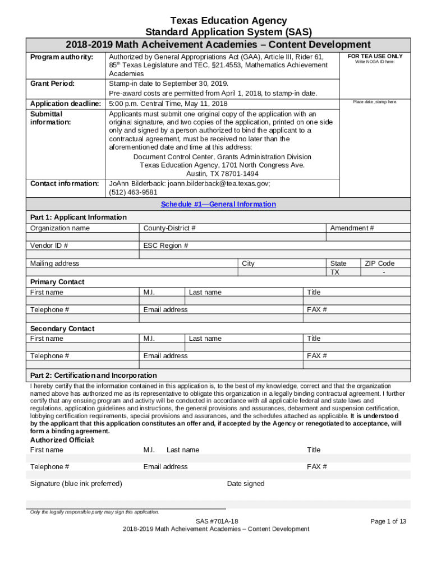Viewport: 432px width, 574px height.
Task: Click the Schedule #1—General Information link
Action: [218, 205]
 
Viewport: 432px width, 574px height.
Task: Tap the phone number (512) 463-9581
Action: [133, 192]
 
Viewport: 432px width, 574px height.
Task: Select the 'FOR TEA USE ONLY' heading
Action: [375, 57]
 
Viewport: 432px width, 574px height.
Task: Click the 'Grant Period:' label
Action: [52, 84]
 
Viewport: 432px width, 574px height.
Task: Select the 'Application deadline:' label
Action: [65, 104]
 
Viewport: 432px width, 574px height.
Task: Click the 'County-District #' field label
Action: [169, 228]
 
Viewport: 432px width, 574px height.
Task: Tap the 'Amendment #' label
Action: [352, 228]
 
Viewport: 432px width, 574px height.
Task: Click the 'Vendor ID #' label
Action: [49, 246]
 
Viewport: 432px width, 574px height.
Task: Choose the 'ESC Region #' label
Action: [166, 246]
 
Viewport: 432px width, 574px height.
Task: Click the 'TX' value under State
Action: [335, 272]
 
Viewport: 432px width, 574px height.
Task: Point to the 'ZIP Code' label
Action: [380, 263]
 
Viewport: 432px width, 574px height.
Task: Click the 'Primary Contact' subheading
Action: [57, 282]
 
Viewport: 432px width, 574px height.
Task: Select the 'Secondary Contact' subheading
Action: [62, 328]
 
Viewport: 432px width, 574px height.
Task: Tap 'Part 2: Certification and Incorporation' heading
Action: [93, 375]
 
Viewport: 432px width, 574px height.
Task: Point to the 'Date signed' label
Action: [245, 484]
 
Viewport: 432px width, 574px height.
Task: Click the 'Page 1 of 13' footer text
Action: [388, 521]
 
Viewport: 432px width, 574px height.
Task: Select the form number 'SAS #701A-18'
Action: [216, 521]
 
